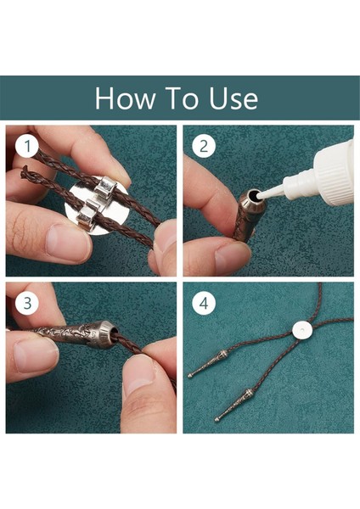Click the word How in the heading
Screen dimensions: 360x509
click(x=125, y=98)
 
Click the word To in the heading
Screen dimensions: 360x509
click(x=182, y=98)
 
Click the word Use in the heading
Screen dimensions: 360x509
click(x=233, y=98)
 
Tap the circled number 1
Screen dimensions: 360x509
click(x=27, y=146)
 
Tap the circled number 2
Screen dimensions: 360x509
click(x=204, y=146)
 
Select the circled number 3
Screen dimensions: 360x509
click(x=27, y=303)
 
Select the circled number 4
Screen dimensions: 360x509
click(x=204, y=303)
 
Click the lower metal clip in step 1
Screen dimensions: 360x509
click(x=87, y=213)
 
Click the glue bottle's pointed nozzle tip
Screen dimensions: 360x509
click(x=258, y=196)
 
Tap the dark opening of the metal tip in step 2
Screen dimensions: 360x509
click(x=252, y=195)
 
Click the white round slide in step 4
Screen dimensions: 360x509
click(x=302, y=330)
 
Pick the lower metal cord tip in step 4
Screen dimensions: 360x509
click(x=234, y=405)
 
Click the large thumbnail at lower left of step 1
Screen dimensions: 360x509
click(x=67, y=241)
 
